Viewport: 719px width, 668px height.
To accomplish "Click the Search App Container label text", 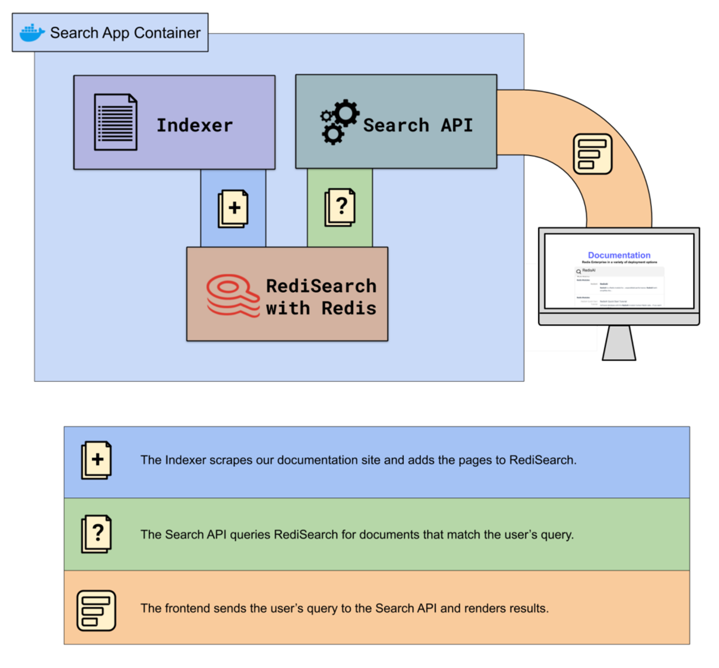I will click(x=125, y=33).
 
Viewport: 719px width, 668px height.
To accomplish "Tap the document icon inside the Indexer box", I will click(x=116, y=122).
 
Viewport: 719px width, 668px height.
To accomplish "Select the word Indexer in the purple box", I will click(x=195, y=125).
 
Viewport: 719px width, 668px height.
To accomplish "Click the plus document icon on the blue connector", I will click(x=233, y=209).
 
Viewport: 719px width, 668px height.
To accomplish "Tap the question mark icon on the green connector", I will click(x=340, y=207).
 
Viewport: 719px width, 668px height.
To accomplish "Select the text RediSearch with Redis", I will click(x=321, y=297).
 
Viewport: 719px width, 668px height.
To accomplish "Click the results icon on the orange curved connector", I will click(x=592, y=154).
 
